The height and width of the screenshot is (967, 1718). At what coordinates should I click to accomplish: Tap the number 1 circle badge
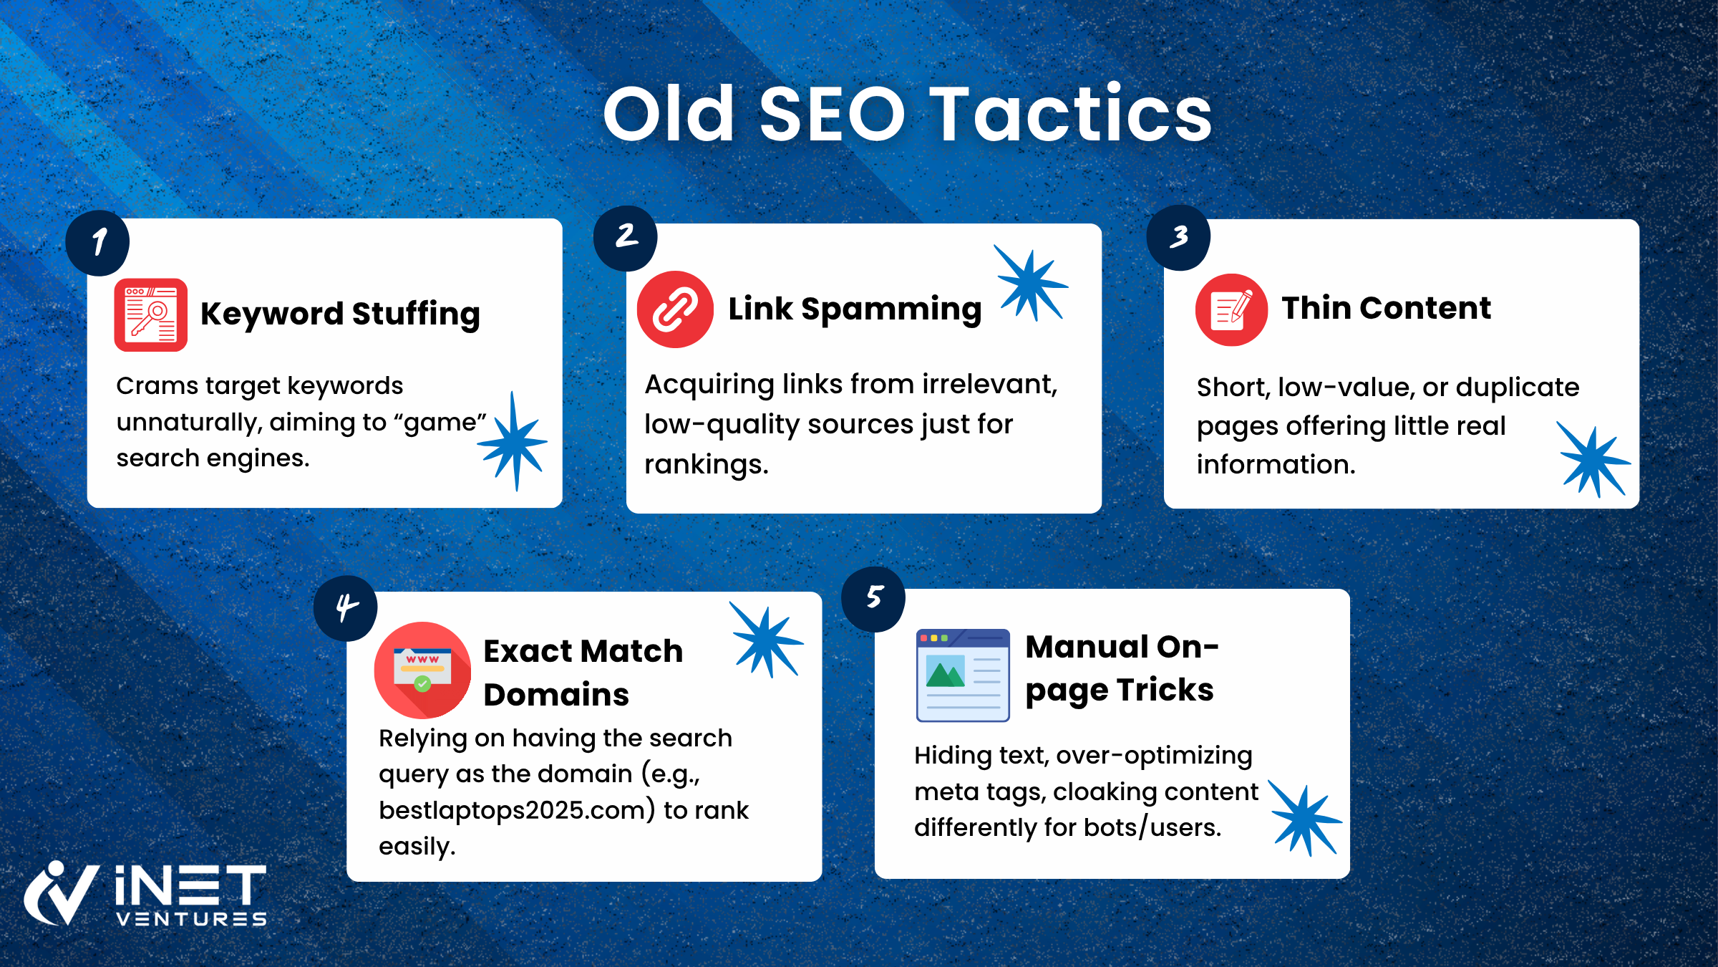pyautogui.click(x=97, y=243)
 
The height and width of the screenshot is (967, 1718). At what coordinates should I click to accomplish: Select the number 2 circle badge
pyautogui.click(x=626, y=238)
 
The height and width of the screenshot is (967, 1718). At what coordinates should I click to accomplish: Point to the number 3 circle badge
pyautogui.click(x=1178, y=238)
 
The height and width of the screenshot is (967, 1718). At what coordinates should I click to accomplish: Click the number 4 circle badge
pyautogui.click(x=346, y=608)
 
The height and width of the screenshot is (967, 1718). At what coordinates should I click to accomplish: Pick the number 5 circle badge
pyautogui.click(x=873, y=599)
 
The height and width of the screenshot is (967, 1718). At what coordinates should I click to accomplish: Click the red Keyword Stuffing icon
pyautogui.click(x=151, y=314)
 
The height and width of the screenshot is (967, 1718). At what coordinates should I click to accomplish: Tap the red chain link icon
pyautogui.click(x=675, y=309)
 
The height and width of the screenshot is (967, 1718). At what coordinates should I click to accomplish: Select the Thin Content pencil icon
pyautogui.click(x=1231, y=310)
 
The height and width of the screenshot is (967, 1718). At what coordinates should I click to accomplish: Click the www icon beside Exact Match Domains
pyautogui.click(x=422, y=670)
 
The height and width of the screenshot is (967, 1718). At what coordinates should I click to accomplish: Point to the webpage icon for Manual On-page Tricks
pyautogui.click(x=963, y=675)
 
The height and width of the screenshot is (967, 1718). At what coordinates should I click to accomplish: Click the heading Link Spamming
pyautogui.click(x=855, y=309)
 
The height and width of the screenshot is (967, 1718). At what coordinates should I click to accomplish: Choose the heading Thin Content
pyautogui.click(x=1387, y=308)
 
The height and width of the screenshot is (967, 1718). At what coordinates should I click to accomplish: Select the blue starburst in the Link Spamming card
pyautogui.click(x=1031, y=283)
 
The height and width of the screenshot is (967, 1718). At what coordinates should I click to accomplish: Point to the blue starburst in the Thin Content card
pyautogui.click(x=1593, y=460)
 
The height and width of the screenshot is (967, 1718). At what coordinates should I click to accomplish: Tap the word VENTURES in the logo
pyautogui.click(x=191, y=919)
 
